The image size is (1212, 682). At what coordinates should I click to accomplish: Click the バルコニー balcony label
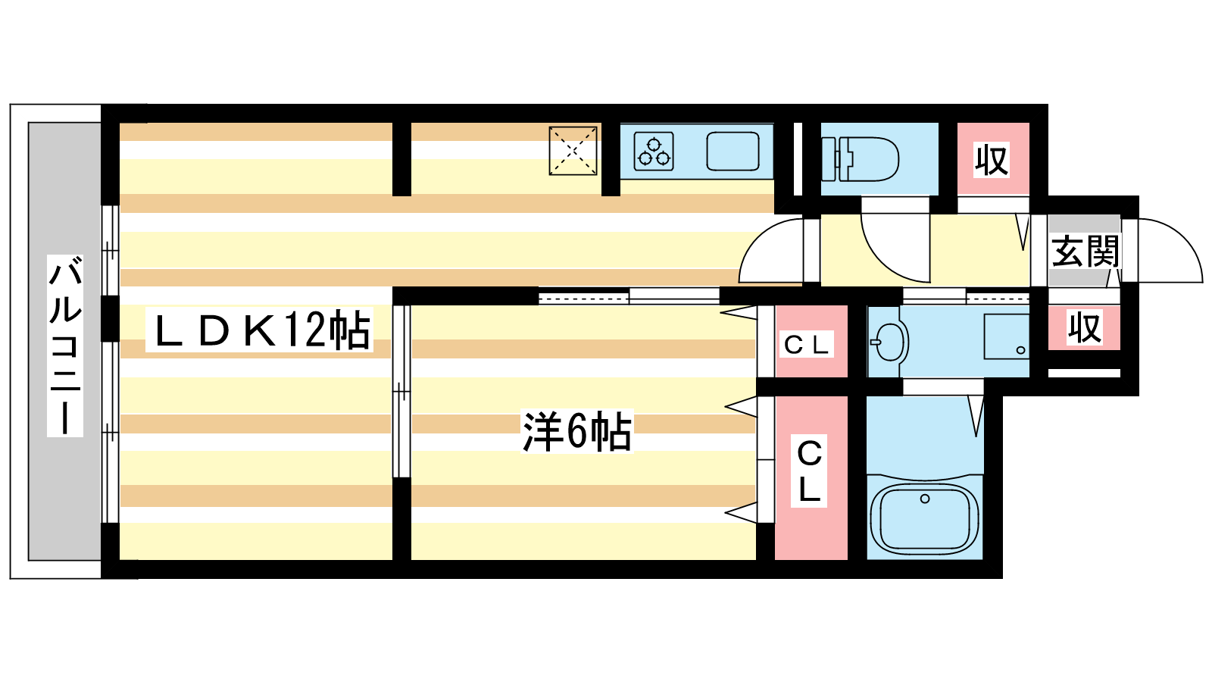pyautogui.click(x=65, y=346)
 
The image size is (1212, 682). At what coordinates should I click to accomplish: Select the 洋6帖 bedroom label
pyautogui.click(x=576, y=432)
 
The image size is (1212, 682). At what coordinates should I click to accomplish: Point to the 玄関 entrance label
pyautogui.click(x=1085, y=251)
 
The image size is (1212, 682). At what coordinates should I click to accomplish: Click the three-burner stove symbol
pyautogui.click(x=654, y=151)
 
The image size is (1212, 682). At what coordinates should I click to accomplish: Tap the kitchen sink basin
pyautogui.click(x=733, y=151)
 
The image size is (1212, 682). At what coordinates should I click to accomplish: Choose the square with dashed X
pyautogui.click(x=573, y=151)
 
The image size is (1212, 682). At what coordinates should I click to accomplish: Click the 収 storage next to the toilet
pyautogui.click(x=992, y=160)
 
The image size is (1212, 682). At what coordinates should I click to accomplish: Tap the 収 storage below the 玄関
pyautogui.click(x=1084, y=328)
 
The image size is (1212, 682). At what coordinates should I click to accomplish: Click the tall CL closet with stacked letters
pyautogui.click(x=809, y=471)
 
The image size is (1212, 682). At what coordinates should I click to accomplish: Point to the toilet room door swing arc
pyautogui.click(x=898, y=246)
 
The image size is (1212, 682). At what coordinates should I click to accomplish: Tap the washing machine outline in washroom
pyautogui.click(x=1006, y=336)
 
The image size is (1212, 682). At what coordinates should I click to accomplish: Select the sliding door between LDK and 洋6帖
pyautogui.click(x=401, y=390)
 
